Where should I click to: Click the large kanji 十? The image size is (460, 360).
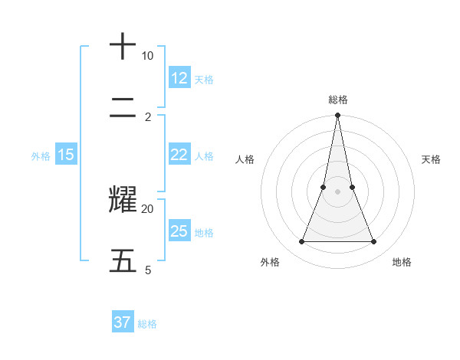click(123, 47)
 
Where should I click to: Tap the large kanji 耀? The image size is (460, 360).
click(123, 199)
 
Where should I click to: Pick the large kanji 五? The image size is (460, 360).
click(123, 260)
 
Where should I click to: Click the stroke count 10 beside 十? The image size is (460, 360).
click(147, 56)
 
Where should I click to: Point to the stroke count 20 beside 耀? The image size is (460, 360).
click(147, 208)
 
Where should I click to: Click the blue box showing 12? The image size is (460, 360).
click(179, 78)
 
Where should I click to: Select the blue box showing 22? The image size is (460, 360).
click(179, 155)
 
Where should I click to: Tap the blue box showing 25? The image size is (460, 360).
click(179, 231)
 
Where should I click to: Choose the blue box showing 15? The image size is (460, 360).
click(66, 155)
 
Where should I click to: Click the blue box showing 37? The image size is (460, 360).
click(123, 322)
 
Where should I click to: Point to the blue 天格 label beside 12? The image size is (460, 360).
click(204, 80)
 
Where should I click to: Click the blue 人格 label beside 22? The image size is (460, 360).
click(204, 156)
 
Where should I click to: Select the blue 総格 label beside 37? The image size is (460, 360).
click(147, 324)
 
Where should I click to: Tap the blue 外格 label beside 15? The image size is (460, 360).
click(41, 156)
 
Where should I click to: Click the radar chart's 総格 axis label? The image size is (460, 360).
click(337, 100)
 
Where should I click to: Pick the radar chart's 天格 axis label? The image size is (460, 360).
click(431, 159)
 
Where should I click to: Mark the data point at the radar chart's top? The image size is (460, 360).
click(337, 116)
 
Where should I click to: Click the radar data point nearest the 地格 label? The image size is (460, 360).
click(373, 242)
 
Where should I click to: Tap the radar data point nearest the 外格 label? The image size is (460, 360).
click(301, 242)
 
